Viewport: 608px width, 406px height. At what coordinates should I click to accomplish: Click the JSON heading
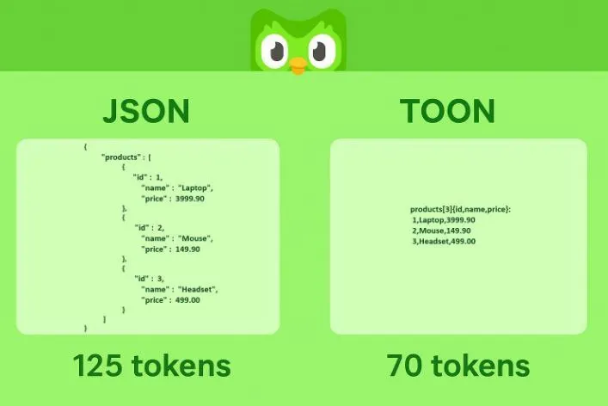click(146, 111)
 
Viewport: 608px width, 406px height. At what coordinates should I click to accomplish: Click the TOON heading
click(447, 111)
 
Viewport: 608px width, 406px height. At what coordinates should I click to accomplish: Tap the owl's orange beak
click(298, 65)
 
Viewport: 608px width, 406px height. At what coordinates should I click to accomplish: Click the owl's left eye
click(274, 51)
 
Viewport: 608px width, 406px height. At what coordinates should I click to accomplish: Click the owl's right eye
click(322, 51)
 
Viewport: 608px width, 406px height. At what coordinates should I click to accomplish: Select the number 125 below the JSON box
click(97, 366)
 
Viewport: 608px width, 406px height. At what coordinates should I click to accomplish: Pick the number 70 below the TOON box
click(404, 366)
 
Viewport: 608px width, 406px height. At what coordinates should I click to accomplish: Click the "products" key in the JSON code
click(121, 157)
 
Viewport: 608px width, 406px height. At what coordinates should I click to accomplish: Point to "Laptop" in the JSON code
click(195, 188)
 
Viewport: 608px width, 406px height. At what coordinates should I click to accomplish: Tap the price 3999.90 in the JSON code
click(189, 199)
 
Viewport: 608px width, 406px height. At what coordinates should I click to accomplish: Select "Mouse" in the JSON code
click(194, 238)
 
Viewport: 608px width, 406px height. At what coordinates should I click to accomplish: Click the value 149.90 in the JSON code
click(187, 249)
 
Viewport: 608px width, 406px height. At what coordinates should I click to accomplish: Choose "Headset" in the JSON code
click(198, 289)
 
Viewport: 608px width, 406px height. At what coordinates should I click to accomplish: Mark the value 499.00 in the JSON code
click(187, 299)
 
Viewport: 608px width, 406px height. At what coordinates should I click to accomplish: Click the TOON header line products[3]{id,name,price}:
click(460, 209)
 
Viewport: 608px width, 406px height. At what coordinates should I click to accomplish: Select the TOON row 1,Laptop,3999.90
click(444, 220)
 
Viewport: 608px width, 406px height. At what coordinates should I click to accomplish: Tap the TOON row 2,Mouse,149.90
click(441, 231)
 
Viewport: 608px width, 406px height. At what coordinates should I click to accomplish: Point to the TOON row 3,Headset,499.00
click(444, 241)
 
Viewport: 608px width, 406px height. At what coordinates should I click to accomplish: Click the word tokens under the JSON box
click(181, 366)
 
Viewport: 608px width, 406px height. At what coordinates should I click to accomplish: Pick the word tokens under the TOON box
click(481, 366)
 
